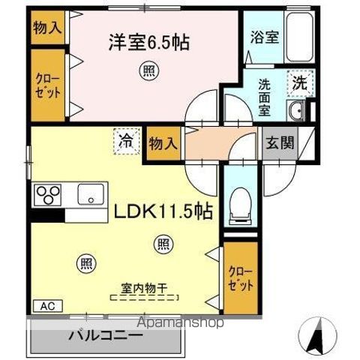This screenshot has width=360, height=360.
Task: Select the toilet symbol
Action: click(239, 202)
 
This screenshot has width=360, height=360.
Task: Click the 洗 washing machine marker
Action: click(300, 84)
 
